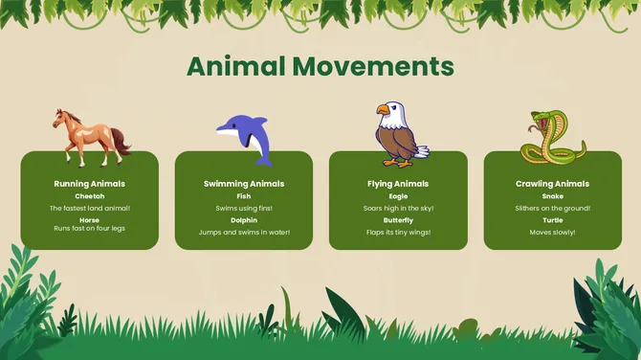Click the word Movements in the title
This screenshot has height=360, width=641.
coord(373,66)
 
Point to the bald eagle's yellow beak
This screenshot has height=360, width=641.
coord(383,110)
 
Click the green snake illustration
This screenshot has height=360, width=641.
coord(546,138)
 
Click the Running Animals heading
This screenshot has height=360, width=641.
coord(90,183)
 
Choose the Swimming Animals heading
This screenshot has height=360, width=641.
coord(244,183)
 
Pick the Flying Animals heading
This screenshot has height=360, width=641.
coord(398,183)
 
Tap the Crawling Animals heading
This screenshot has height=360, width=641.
coord(552,183)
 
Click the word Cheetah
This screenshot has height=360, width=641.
coord(90,196)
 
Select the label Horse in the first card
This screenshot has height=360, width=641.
coord(90,220)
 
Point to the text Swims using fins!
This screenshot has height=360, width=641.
coord(244,208)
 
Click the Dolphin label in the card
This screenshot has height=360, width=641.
coord(244,220)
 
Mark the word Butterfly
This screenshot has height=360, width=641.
coord(398,220)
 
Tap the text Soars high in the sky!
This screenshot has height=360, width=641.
coord(398,208)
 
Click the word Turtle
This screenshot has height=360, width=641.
coord(552,220)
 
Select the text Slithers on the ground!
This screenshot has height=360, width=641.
coord(552,208)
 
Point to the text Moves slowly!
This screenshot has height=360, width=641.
coord(552,232)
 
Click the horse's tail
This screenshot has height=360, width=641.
coord(122,142)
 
